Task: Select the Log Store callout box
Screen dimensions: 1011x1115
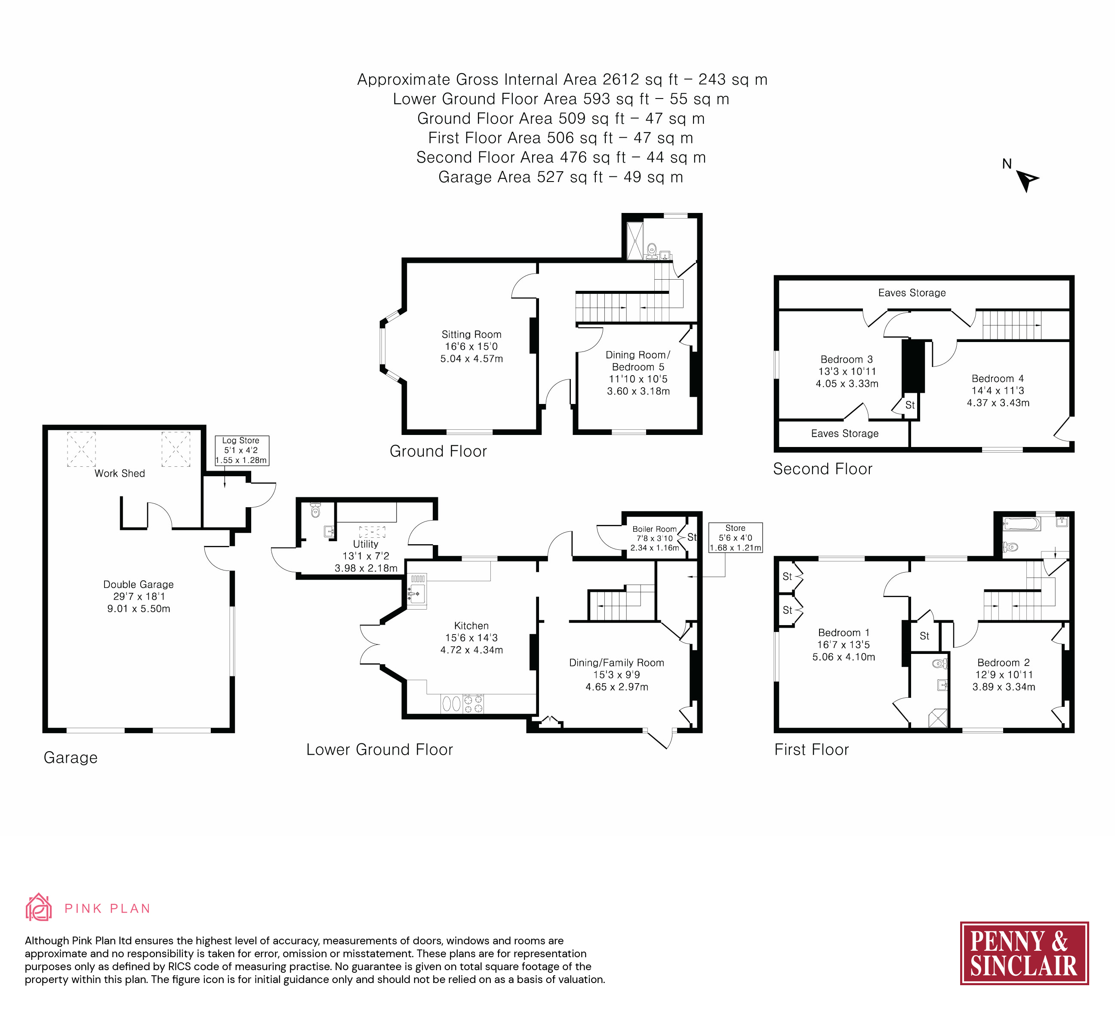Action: point(241,450)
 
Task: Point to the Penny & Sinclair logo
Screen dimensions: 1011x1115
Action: point(1024,953)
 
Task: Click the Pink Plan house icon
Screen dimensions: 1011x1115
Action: point(38,908)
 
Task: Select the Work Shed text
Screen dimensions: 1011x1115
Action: point(120,473)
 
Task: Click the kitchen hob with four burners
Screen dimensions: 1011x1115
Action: point(473,703)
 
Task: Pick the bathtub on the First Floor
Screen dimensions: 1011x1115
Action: point(1021,523)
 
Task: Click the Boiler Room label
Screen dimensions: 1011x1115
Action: point(654,529)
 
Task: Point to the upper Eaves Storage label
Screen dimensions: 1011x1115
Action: point(912,293)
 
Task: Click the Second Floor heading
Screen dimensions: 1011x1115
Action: point(822,469)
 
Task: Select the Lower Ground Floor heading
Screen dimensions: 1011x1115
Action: point(379,749)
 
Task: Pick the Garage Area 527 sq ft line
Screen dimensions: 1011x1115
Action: point(560,177)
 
